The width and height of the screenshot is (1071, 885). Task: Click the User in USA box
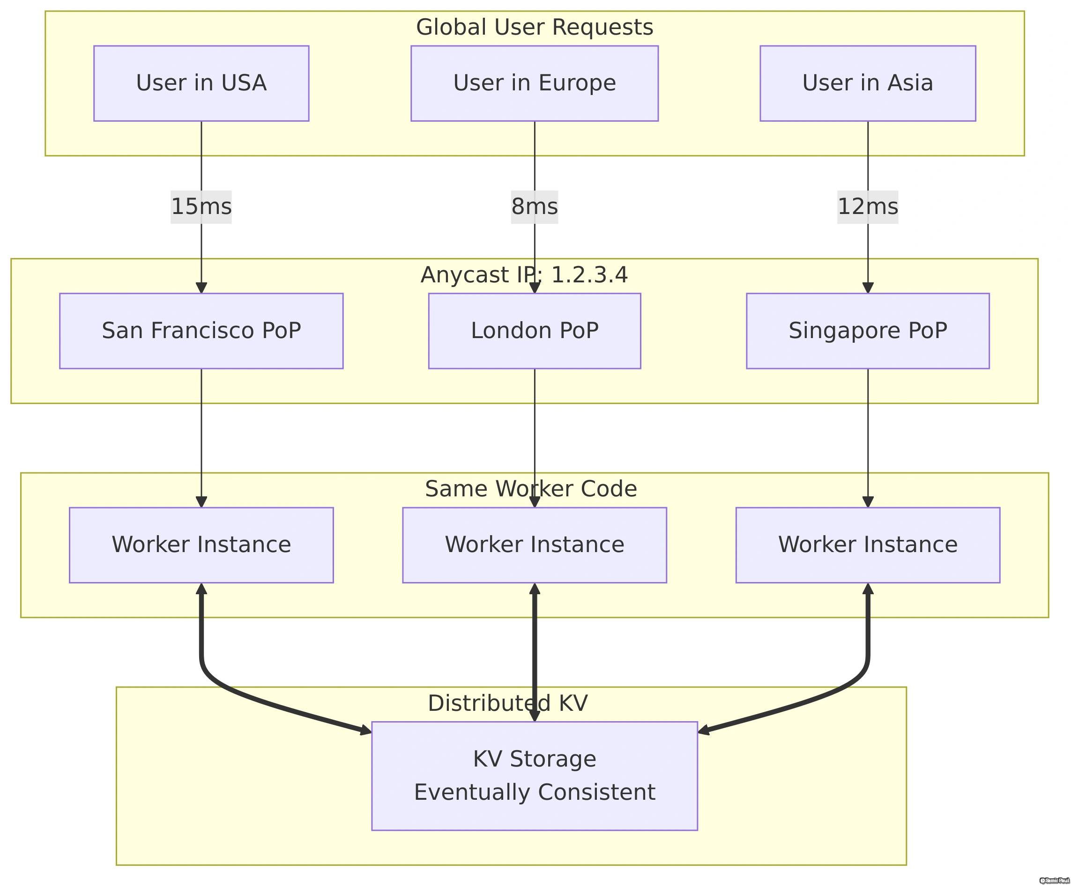(201, 83)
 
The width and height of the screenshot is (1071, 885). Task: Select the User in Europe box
(534, 83)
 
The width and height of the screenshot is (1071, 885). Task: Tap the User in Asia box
(867, 83)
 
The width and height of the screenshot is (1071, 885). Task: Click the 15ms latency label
(201, 206)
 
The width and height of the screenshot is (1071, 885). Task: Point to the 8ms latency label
(534, 206)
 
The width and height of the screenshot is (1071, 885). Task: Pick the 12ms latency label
(867, 206)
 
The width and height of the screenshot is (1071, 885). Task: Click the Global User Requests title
(534, 27)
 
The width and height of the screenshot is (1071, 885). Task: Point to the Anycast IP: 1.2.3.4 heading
(524, 275)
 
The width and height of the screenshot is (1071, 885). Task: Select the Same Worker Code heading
(530, 489)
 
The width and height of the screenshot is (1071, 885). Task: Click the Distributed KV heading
(507, 703)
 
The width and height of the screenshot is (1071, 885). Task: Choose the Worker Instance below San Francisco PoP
(201, 545)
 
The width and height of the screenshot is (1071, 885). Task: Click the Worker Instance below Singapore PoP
(867, 545)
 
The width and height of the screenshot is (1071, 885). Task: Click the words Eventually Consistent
(534, 792)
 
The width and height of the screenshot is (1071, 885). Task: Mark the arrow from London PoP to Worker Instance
(534, 438)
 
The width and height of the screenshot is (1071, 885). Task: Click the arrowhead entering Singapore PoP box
(867, 288)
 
